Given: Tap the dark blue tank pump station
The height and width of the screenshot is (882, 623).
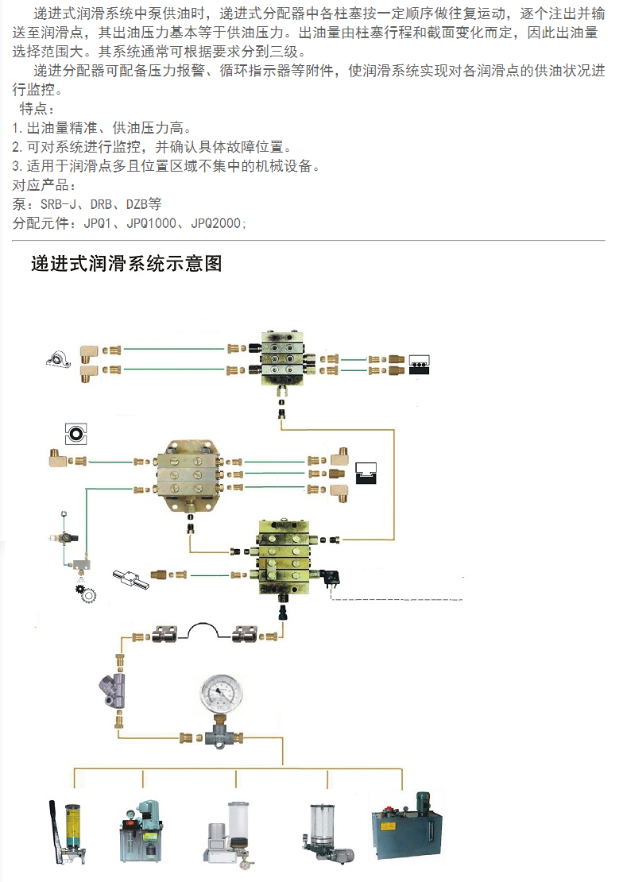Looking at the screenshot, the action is pos(406,826).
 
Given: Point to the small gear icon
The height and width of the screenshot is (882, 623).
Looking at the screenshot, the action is pos(87,592).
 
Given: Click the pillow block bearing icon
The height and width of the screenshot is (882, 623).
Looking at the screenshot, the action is pos(59,359).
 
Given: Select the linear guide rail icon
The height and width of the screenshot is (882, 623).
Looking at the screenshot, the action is pos(130,578).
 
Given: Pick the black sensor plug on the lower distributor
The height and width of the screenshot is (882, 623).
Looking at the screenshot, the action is pos(331,578).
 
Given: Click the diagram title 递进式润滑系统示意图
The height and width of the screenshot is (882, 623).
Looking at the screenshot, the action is pos(126,263).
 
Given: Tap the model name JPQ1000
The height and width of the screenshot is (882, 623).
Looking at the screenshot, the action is pos(152,223).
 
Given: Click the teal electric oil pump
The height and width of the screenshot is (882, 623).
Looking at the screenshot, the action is pos(141,831).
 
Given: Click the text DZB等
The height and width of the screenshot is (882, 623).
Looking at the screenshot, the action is pos(144,204).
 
